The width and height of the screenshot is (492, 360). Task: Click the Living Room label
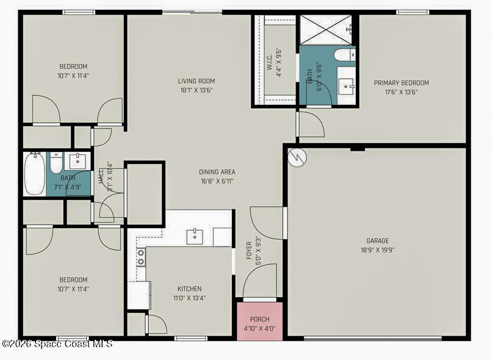pyautogui.click(x=196, y=81)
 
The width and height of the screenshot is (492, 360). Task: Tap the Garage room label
pyautogui.click(x=377, y=241)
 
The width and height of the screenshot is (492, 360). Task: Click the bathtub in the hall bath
pyautogui.click(x=34, y=174)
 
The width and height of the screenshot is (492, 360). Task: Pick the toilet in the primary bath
pyautogui.click(x=344, y=56)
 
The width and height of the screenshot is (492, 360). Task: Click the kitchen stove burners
pyautogui.click(x=140, y=257)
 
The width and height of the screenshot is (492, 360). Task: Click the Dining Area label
pyautogui.click(x=217, y=172)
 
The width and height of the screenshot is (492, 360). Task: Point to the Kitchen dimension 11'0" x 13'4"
pyautogui.click(x=189, y=298)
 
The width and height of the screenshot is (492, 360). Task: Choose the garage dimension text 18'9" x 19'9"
pyautogui.click(x=377, y=250)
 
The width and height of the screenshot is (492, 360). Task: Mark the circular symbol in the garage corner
pyautogui.click(x=297, y=158)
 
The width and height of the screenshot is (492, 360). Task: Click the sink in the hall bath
pyautogui.click(x=78, y=162)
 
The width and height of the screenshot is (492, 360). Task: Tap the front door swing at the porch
pyautogui.click(x=260, y=282)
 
